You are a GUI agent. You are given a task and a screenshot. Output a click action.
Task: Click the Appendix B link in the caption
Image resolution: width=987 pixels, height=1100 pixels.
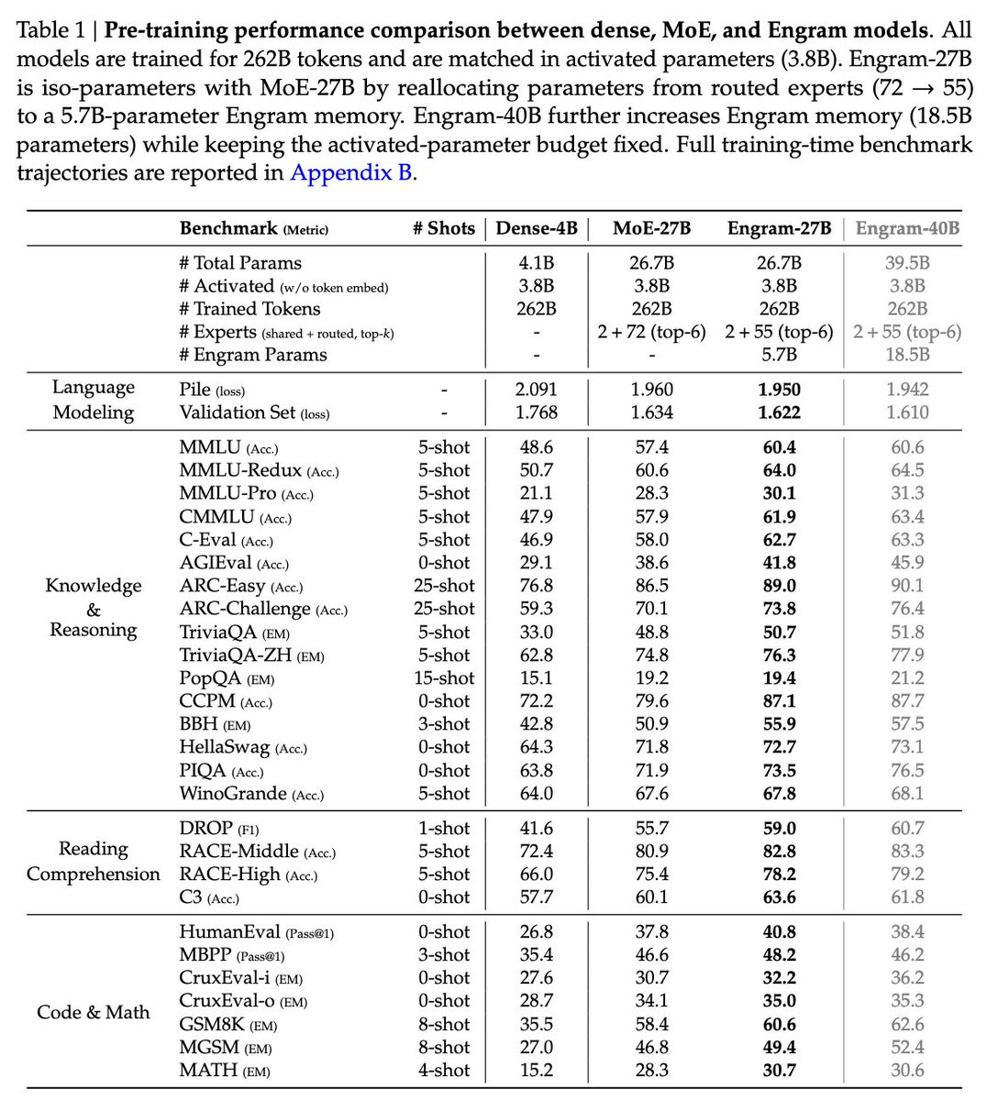point(351,172)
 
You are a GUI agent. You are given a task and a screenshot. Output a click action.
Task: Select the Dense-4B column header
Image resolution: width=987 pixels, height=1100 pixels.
point(537,228)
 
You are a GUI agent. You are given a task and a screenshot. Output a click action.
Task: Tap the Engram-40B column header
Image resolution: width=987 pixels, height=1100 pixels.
point(907,228)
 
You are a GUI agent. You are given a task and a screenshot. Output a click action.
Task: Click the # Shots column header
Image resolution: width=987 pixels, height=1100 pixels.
point(444,228)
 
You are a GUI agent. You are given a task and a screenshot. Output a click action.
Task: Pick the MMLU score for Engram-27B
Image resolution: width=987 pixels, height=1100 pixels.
point(779,447)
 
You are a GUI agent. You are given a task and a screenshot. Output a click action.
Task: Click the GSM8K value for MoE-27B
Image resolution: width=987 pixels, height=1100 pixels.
point(651,1024)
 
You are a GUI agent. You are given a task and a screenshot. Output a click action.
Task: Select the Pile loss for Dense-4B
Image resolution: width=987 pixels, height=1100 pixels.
point(537,390)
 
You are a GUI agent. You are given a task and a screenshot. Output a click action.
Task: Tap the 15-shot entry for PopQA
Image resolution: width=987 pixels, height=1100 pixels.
point(444,678)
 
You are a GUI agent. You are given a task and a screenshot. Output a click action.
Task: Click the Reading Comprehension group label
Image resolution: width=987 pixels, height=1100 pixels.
point(93,862)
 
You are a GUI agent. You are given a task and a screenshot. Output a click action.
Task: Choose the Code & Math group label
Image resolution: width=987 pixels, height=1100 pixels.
point(93,1012)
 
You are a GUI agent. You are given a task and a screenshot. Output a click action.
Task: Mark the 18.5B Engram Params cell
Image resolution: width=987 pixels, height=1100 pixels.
point(907,355)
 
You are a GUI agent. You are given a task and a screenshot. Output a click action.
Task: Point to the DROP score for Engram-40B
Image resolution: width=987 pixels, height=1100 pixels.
point(907,829)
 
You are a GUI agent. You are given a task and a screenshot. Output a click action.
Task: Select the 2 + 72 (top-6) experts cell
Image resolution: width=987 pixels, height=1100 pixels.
point(651,332)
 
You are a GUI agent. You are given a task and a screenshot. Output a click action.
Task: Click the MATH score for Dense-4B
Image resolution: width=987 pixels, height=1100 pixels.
point(537,1070)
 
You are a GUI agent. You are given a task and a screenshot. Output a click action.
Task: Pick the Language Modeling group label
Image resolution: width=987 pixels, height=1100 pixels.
point(93,400)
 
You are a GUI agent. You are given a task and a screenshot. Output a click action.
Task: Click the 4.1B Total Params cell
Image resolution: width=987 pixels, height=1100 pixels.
point(537,263)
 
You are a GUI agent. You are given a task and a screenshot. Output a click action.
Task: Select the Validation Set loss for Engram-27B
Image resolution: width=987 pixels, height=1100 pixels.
point(779,412)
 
